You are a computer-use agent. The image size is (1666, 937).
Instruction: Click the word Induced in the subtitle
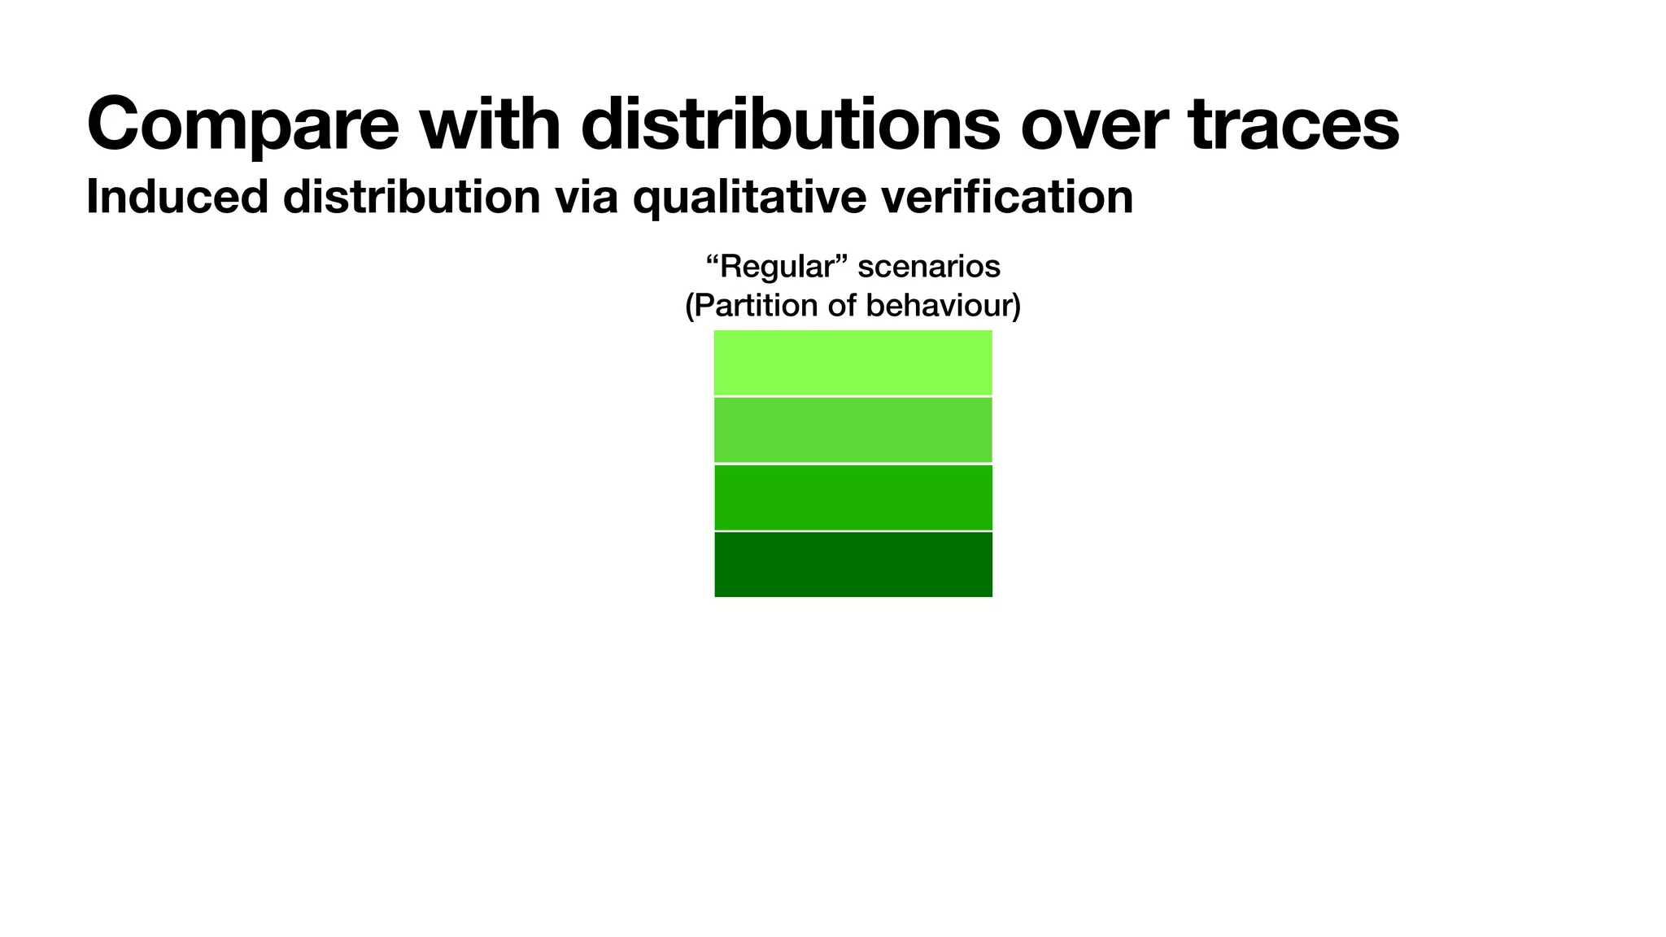coord(177,197)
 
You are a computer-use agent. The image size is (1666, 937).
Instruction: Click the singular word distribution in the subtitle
coord(412,197)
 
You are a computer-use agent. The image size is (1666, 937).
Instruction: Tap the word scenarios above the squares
coord(929,267)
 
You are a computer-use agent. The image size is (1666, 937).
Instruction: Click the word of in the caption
coord(842,306)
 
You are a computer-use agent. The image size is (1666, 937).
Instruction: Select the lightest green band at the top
coord(853,363)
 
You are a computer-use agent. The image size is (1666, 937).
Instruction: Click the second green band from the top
coord(853,430)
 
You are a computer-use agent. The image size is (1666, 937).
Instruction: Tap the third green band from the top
coord(853,497)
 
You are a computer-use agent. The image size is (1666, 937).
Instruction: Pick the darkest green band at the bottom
coord(853,564)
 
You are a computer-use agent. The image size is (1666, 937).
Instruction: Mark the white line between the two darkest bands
coord(853,531)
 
